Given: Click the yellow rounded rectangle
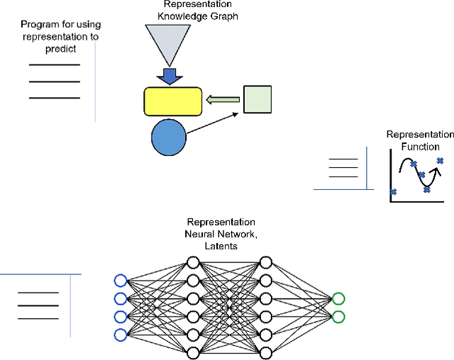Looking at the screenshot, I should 172,101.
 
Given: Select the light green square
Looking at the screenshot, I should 257,99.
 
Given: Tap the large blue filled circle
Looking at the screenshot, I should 169,137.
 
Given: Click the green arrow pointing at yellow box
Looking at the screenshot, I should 223,101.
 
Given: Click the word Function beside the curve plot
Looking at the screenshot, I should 420,147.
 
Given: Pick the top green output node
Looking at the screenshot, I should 338,298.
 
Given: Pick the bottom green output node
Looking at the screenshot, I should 338,316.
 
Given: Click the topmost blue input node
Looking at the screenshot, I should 120,280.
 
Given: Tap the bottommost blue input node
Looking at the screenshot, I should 120,334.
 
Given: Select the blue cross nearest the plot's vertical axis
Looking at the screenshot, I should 394,191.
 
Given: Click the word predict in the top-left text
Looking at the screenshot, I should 59,49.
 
